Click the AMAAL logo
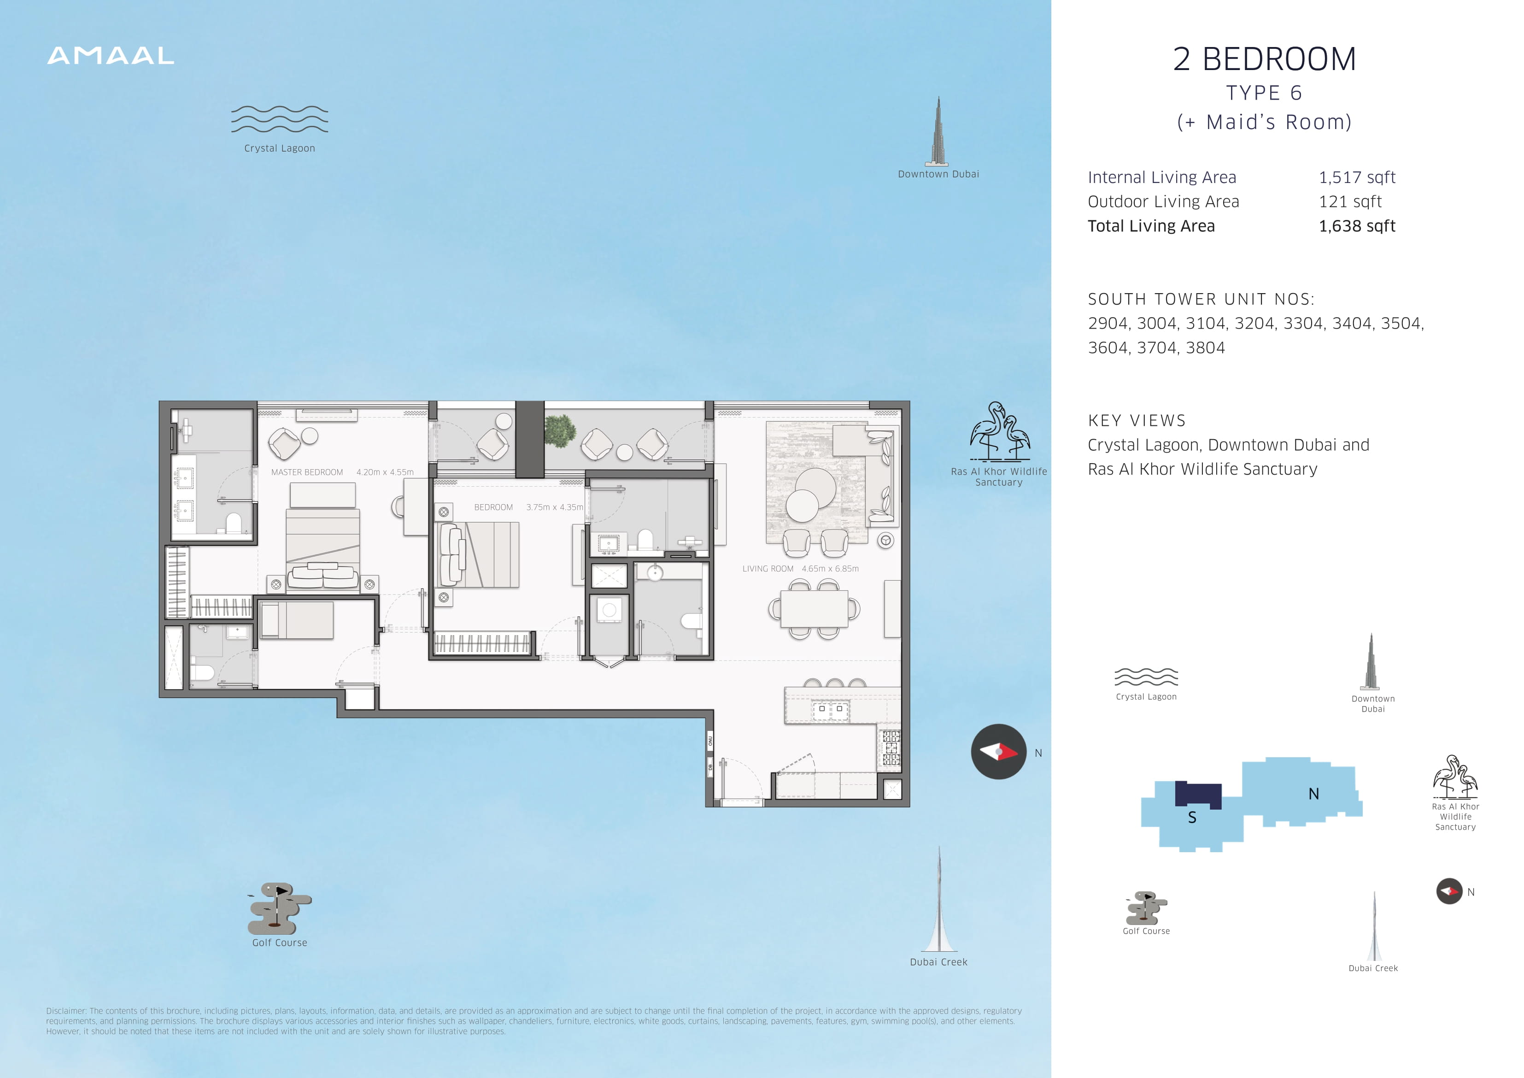pyautogui.click(x=111, y=56)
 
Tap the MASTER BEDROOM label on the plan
pyautogui.click(x=307, y=472)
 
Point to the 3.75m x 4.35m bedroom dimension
pyautogui.click(x=555, y=507)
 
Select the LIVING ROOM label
pyautogui.click(x=768, y=569)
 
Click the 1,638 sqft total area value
pyautogui.click(x=1357, y=226)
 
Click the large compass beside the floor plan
pyautogui.click(x=999, y=751)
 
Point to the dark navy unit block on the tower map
pyautogui.click(x=1198, y=795)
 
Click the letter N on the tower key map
pyautogui.click(x=1313, y=794)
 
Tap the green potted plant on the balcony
pyautogui.click(x=560, y=430)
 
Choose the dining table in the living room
pyautogui.click(x=814, y=608)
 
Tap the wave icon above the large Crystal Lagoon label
pyautogui.click(x=280, y=119)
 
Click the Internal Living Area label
pyautogui.click(x=1161, y=177)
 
